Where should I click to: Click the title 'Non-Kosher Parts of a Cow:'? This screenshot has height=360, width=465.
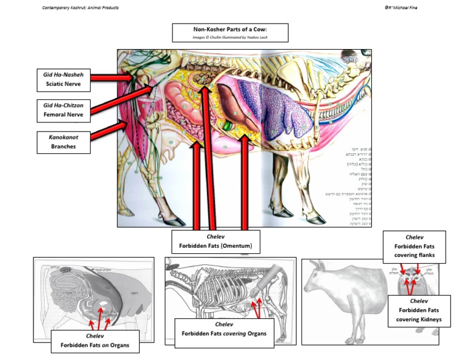pos(231,29)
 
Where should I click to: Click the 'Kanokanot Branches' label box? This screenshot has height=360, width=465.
pos(64,142)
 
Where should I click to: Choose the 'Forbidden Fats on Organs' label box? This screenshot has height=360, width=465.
pos(94,342)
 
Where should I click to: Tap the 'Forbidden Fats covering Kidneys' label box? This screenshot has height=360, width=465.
pos(419,310)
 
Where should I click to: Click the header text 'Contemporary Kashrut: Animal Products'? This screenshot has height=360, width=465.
pos(81,7)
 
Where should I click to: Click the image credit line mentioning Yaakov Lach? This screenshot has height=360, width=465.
pos(230,38)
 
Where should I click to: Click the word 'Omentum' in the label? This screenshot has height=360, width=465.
pos(241,246)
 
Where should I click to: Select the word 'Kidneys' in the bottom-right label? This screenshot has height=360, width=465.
pos(430,319)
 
